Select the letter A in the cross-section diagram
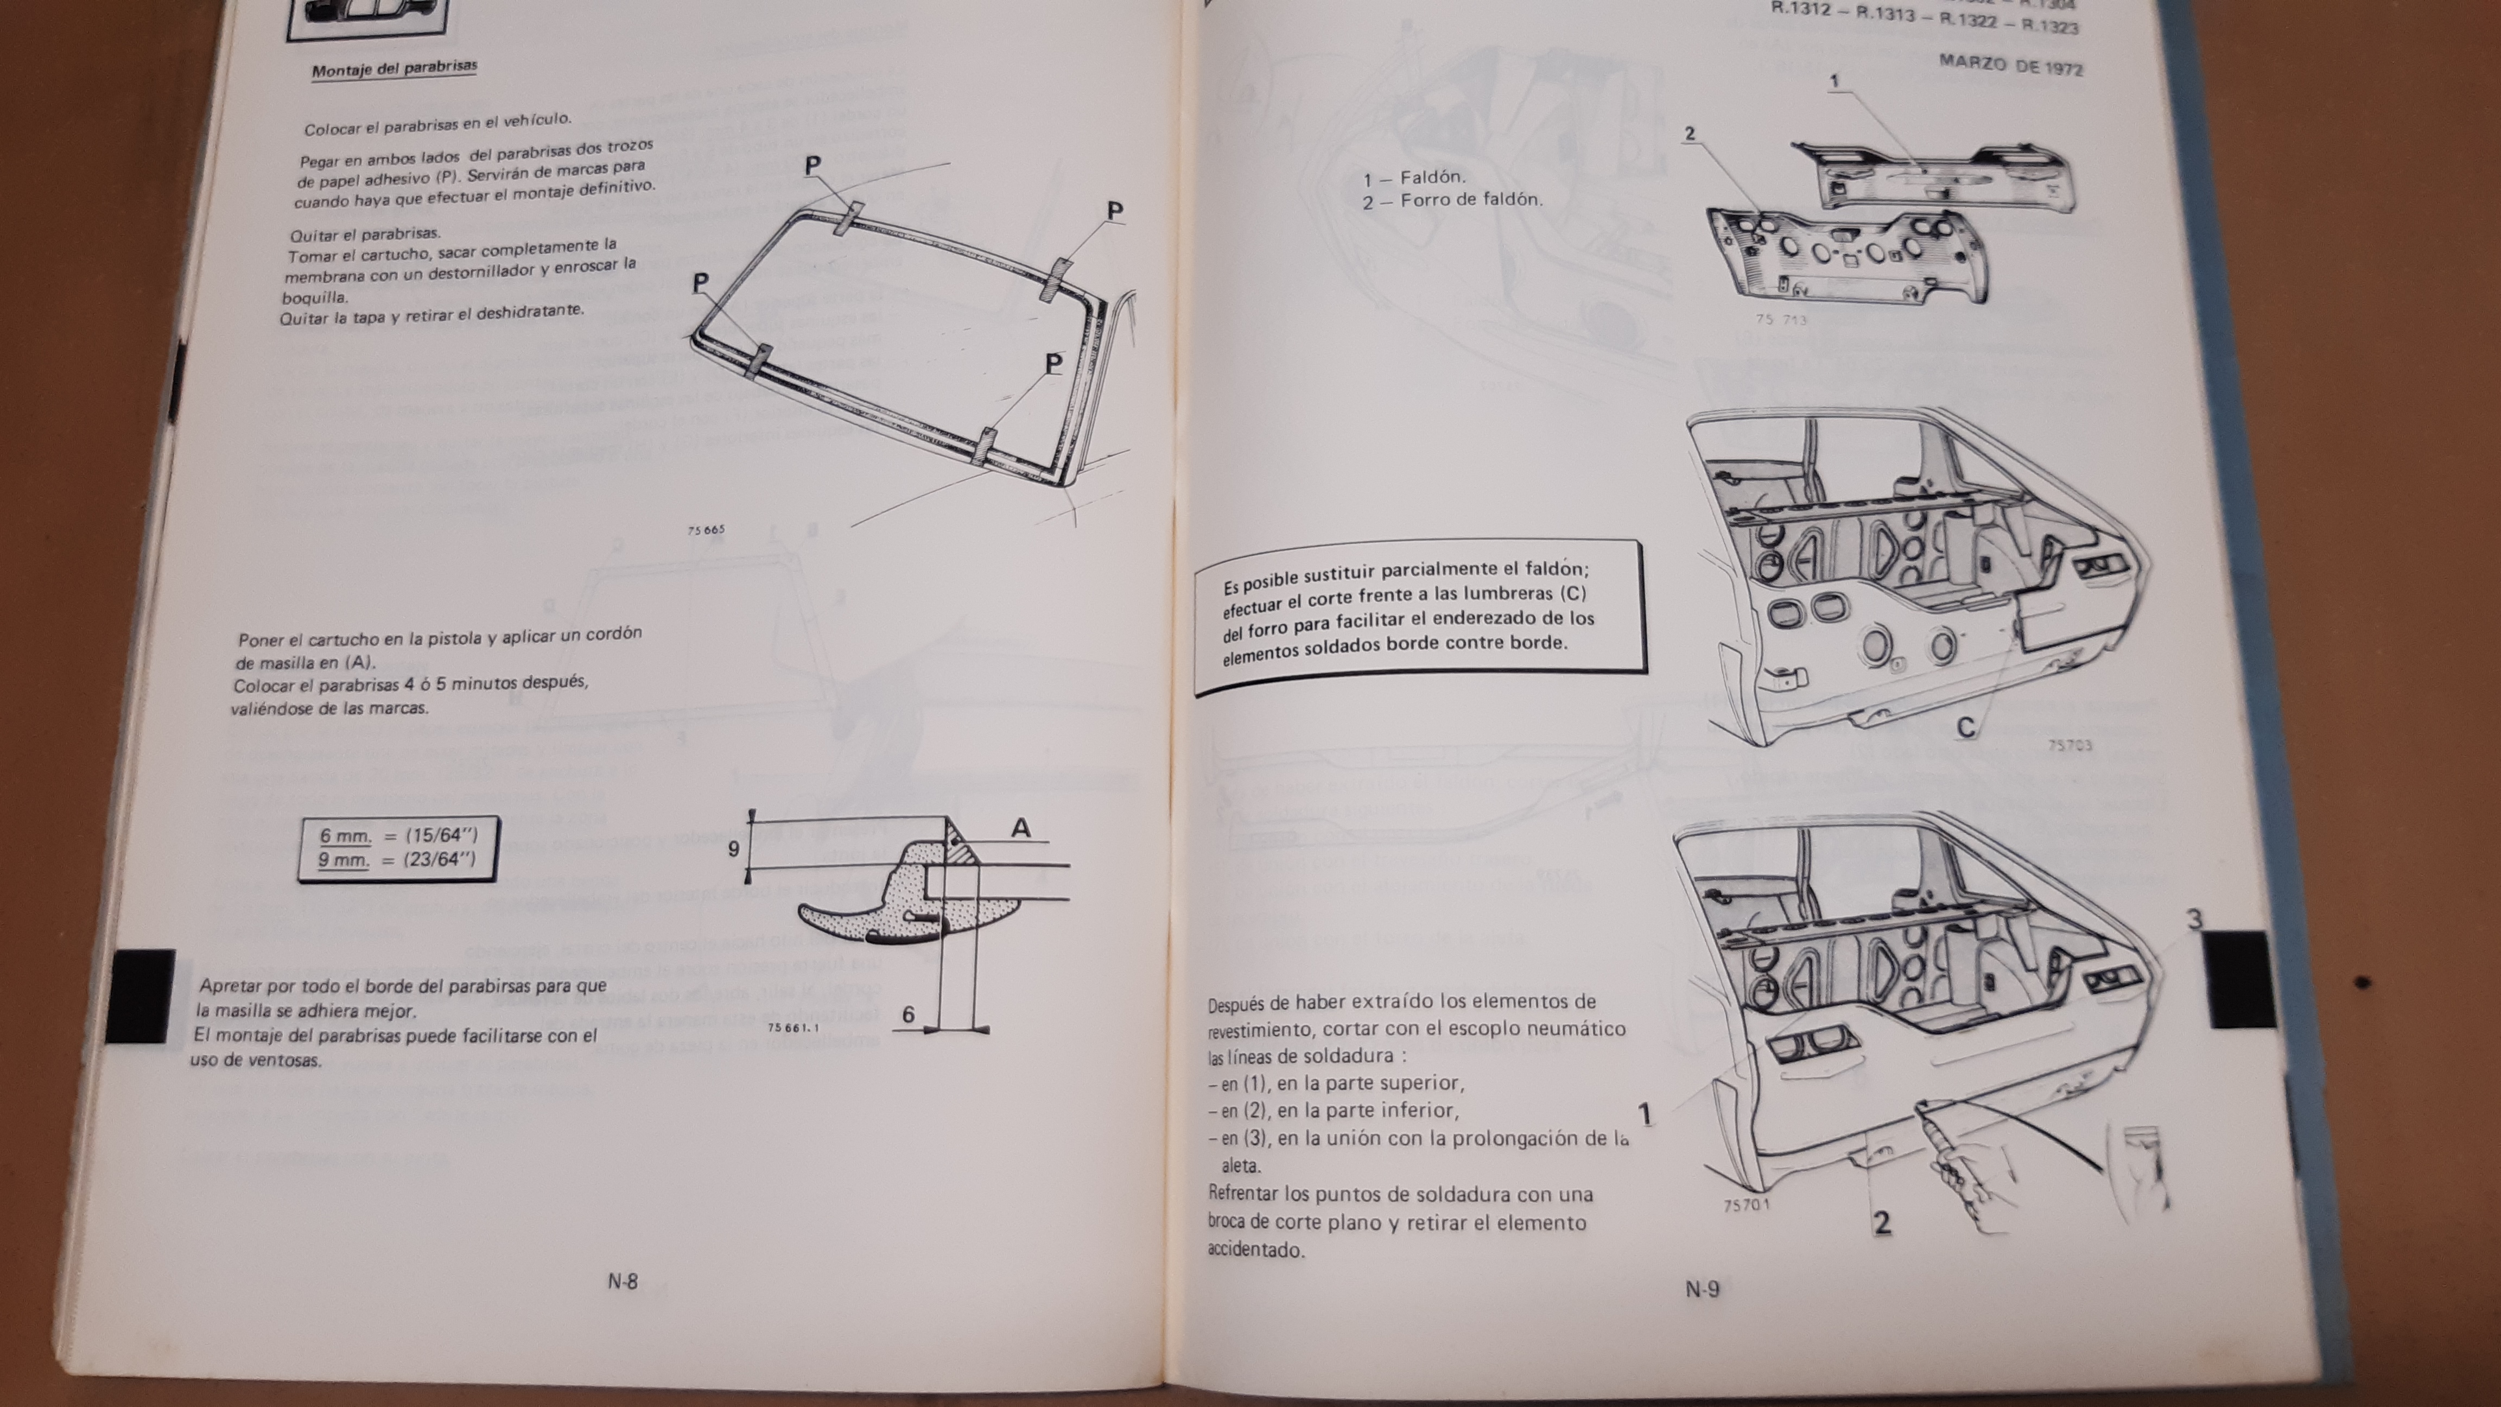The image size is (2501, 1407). [1020, 828]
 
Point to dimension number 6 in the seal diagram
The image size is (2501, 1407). [908, 1015]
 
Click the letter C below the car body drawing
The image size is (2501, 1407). [1966, 727]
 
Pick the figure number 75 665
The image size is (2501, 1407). [706, 530]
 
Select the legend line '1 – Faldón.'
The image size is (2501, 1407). [1414, 178]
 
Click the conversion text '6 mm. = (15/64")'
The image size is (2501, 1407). [398, 835]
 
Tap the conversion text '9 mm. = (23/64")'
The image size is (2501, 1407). [397, 859]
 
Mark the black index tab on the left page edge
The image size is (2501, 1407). [142, 996]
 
